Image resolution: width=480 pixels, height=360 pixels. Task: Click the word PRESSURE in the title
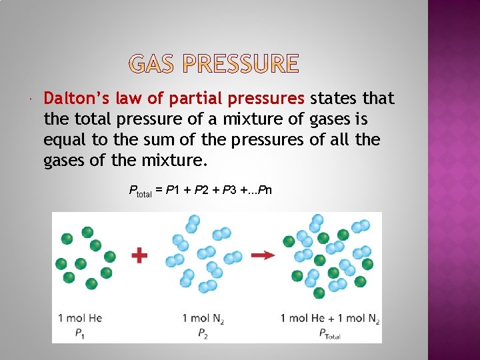coord(240,64)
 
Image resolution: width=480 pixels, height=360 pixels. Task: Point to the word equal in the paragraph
coord(63,140)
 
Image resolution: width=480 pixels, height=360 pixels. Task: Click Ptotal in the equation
coord(141,192)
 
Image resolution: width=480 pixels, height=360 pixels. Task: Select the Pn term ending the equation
coord(265,191)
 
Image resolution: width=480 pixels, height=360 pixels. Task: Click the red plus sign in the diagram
coord(139,255)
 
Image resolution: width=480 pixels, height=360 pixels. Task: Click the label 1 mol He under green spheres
coord(80,318)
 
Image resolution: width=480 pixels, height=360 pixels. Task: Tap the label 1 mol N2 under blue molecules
coord(203,319)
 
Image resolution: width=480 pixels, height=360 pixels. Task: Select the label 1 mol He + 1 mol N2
coord(330,319)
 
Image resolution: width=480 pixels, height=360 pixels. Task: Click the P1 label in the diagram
coord(80,334)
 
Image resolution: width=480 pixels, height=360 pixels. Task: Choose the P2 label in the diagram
coord(203,334)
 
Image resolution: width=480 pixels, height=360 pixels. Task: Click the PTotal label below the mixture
coord(329,335)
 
